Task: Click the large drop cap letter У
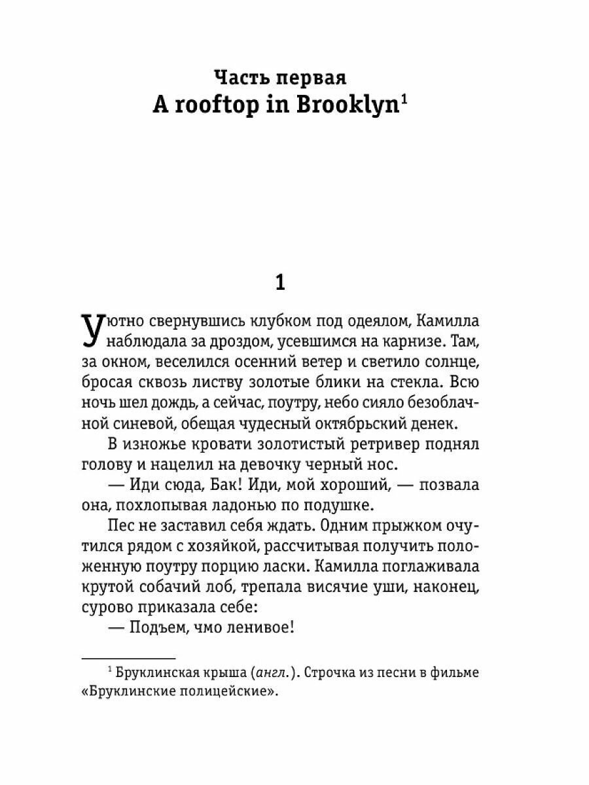pos(92,330)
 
